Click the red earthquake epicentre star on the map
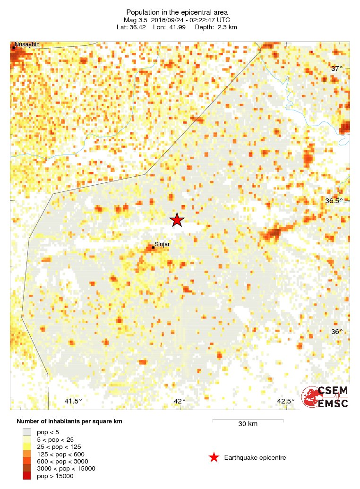click(x=177, y=220)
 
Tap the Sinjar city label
click(x=162, y=244)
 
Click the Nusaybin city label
click(x=27, y=45)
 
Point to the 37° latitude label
click(x=337, y=69)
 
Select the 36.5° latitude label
click(x=334, y=201)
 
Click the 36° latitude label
click(x=337, y=332)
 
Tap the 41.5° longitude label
click(x=73, y=401)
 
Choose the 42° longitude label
click(x=180, y=401)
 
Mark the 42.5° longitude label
click(x=286, y=401)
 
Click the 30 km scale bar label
click(x=248, y=424)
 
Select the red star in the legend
click(x=214, y=457)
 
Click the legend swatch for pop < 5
click(x=27, y=432)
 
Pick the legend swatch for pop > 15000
click(x=27, y=476)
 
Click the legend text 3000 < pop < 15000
click(x=66, y=469)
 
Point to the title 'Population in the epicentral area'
click(x=177, y=12)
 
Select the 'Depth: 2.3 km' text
click(x=215, y=27)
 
